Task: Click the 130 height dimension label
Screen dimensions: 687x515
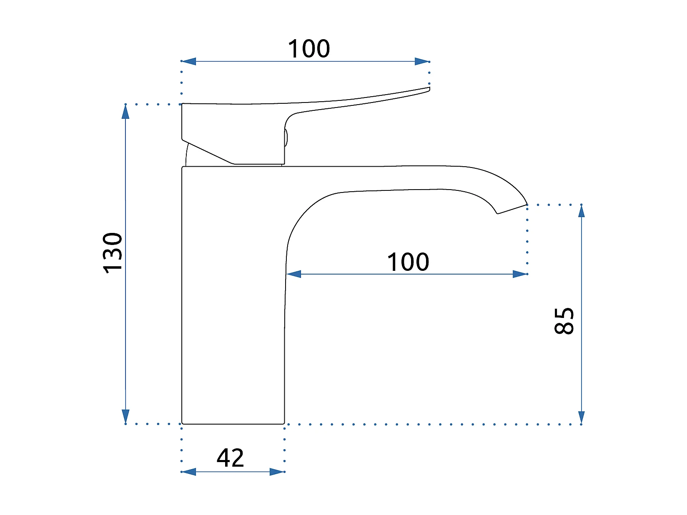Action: pyautogui.click(x=113, y=253)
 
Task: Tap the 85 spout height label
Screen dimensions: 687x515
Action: pyautogui.click(x=564, y=321)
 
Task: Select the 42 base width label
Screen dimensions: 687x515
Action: pyautogui.click(x=230, y=458)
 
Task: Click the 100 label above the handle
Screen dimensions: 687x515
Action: pyautogui.click(x=308, y=48)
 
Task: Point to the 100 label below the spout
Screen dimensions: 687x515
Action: pyautogui.click(x=408, y=262)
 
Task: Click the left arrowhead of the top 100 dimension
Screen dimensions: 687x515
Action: pyautogui.click(x=188, y=61)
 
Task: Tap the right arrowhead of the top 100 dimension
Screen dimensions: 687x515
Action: pyautogui.click(x=422, y=61)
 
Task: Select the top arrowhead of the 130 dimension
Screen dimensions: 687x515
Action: pyautogui.click(x=125, y=112)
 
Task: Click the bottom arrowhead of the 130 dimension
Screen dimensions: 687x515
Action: pyautogui.click(x=125, y=417)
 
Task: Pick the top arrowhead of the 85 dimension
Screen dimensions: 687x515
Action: pyautogui.click(x=582, y=211)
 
